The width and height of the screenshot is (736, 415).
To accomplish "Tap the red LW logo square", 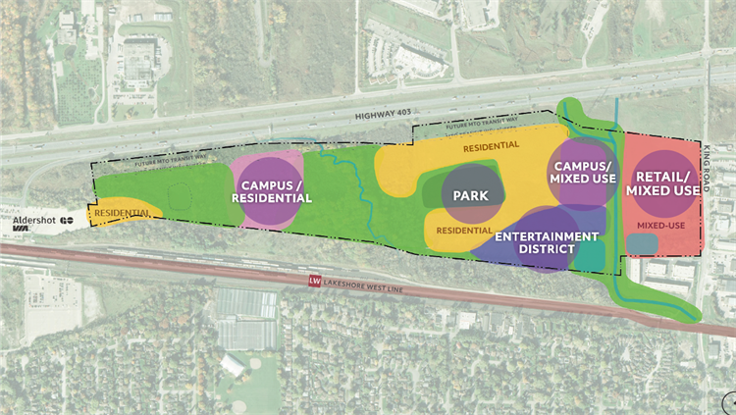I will [x=315, y=282].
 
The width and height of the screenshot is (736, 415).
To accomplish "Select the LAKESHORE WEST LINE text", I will [x=368, y=282].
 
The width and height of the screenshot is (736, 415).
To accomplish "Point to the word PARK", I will [x=471, y=196].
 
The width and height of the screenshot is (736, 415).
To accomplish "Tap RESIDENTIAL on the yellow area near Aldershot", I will [x=122, y=212].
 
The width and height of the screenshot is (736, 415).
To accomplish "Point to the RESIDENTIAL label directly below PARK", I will [x=464, y=231].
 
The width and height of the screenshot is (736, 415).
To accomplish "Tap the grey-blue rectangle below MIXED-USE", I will [x=642, y=241].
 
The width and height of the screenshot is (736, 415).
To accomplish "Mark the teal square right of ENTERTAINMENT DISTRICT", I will [x=592, y=252].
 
